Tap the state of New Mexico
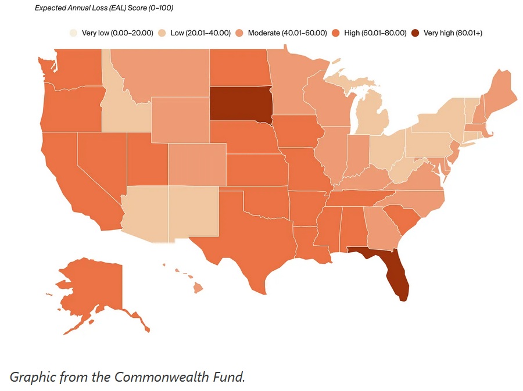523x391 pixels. click(194, 212)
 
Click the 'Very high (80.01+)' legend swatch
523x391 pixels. click(415, 33)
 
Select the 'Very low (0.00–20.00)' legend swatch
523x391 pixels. click(73, 33)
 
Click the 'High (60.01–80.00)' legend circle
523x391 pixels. click(336, 33)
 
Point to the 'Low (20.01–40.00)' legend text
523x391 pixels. click(200, 33)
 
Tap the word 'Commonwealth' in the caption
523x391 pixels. click(152, 376)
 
